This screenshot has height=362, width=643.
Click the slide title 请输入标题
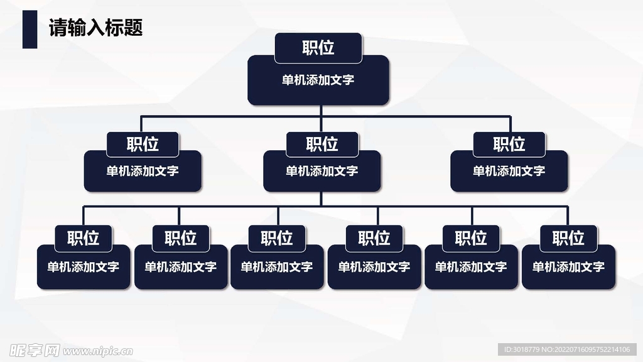(96, 28)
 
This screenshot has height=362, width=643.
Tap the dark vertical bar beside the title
(30, 29)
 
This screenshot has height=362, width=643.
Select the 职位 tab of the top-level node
(318, 48)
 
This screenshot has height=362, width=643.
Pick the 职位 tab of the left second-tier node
(143, 144)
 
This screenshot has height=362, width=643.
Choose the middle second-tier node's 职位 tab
(322, 144)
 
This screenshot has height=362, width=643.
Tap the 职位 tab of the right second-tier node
(509, 144)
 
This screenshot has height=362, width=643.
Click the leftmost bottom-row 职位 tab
(84, 238)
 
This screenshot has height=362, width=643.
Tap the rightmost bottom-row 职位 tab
(568, 238)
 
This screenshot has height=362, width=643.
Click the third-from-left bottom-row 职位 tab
(277, 238)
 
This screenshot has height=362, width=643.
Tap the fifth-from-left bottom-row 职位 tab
(471, 238)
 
